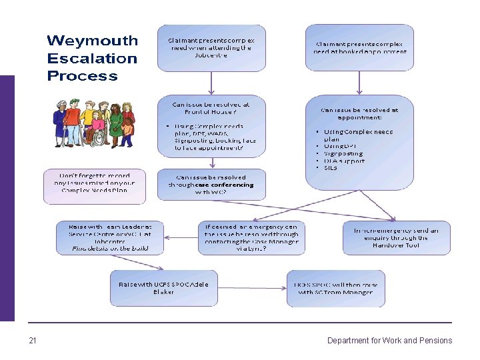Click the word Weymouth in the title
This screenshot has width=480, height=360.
92,41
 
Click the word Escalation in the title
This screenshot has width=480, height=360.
92,58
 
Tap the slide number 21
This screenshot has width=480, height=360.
33,341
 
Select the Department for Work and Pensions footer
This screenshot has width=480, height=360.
389,341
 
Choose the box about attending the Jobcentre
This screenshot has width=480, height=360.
211,48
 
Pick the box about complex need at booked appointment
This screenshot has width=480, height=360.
360,48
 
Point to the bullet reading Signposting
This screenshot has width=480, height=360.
343,153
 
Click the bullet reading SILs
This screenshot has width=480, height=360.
331,168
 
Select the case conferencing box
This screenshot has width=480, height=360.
211,185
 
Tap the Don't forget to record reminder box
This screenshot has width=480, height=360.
94,186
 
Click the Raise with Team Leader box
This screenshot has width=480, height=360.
110,237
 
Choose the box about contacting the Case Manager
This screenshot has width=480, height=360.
251,237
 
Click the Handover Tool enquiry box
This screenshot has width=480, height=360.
396,237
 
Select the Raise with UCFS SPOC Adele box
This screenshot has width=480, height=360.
163,288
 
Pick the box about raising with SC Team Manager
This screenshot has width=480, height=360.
336,288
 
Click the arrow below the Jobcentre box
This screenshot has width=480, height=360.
211,83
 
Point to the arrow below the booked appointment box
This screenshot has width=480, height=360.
360,83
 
